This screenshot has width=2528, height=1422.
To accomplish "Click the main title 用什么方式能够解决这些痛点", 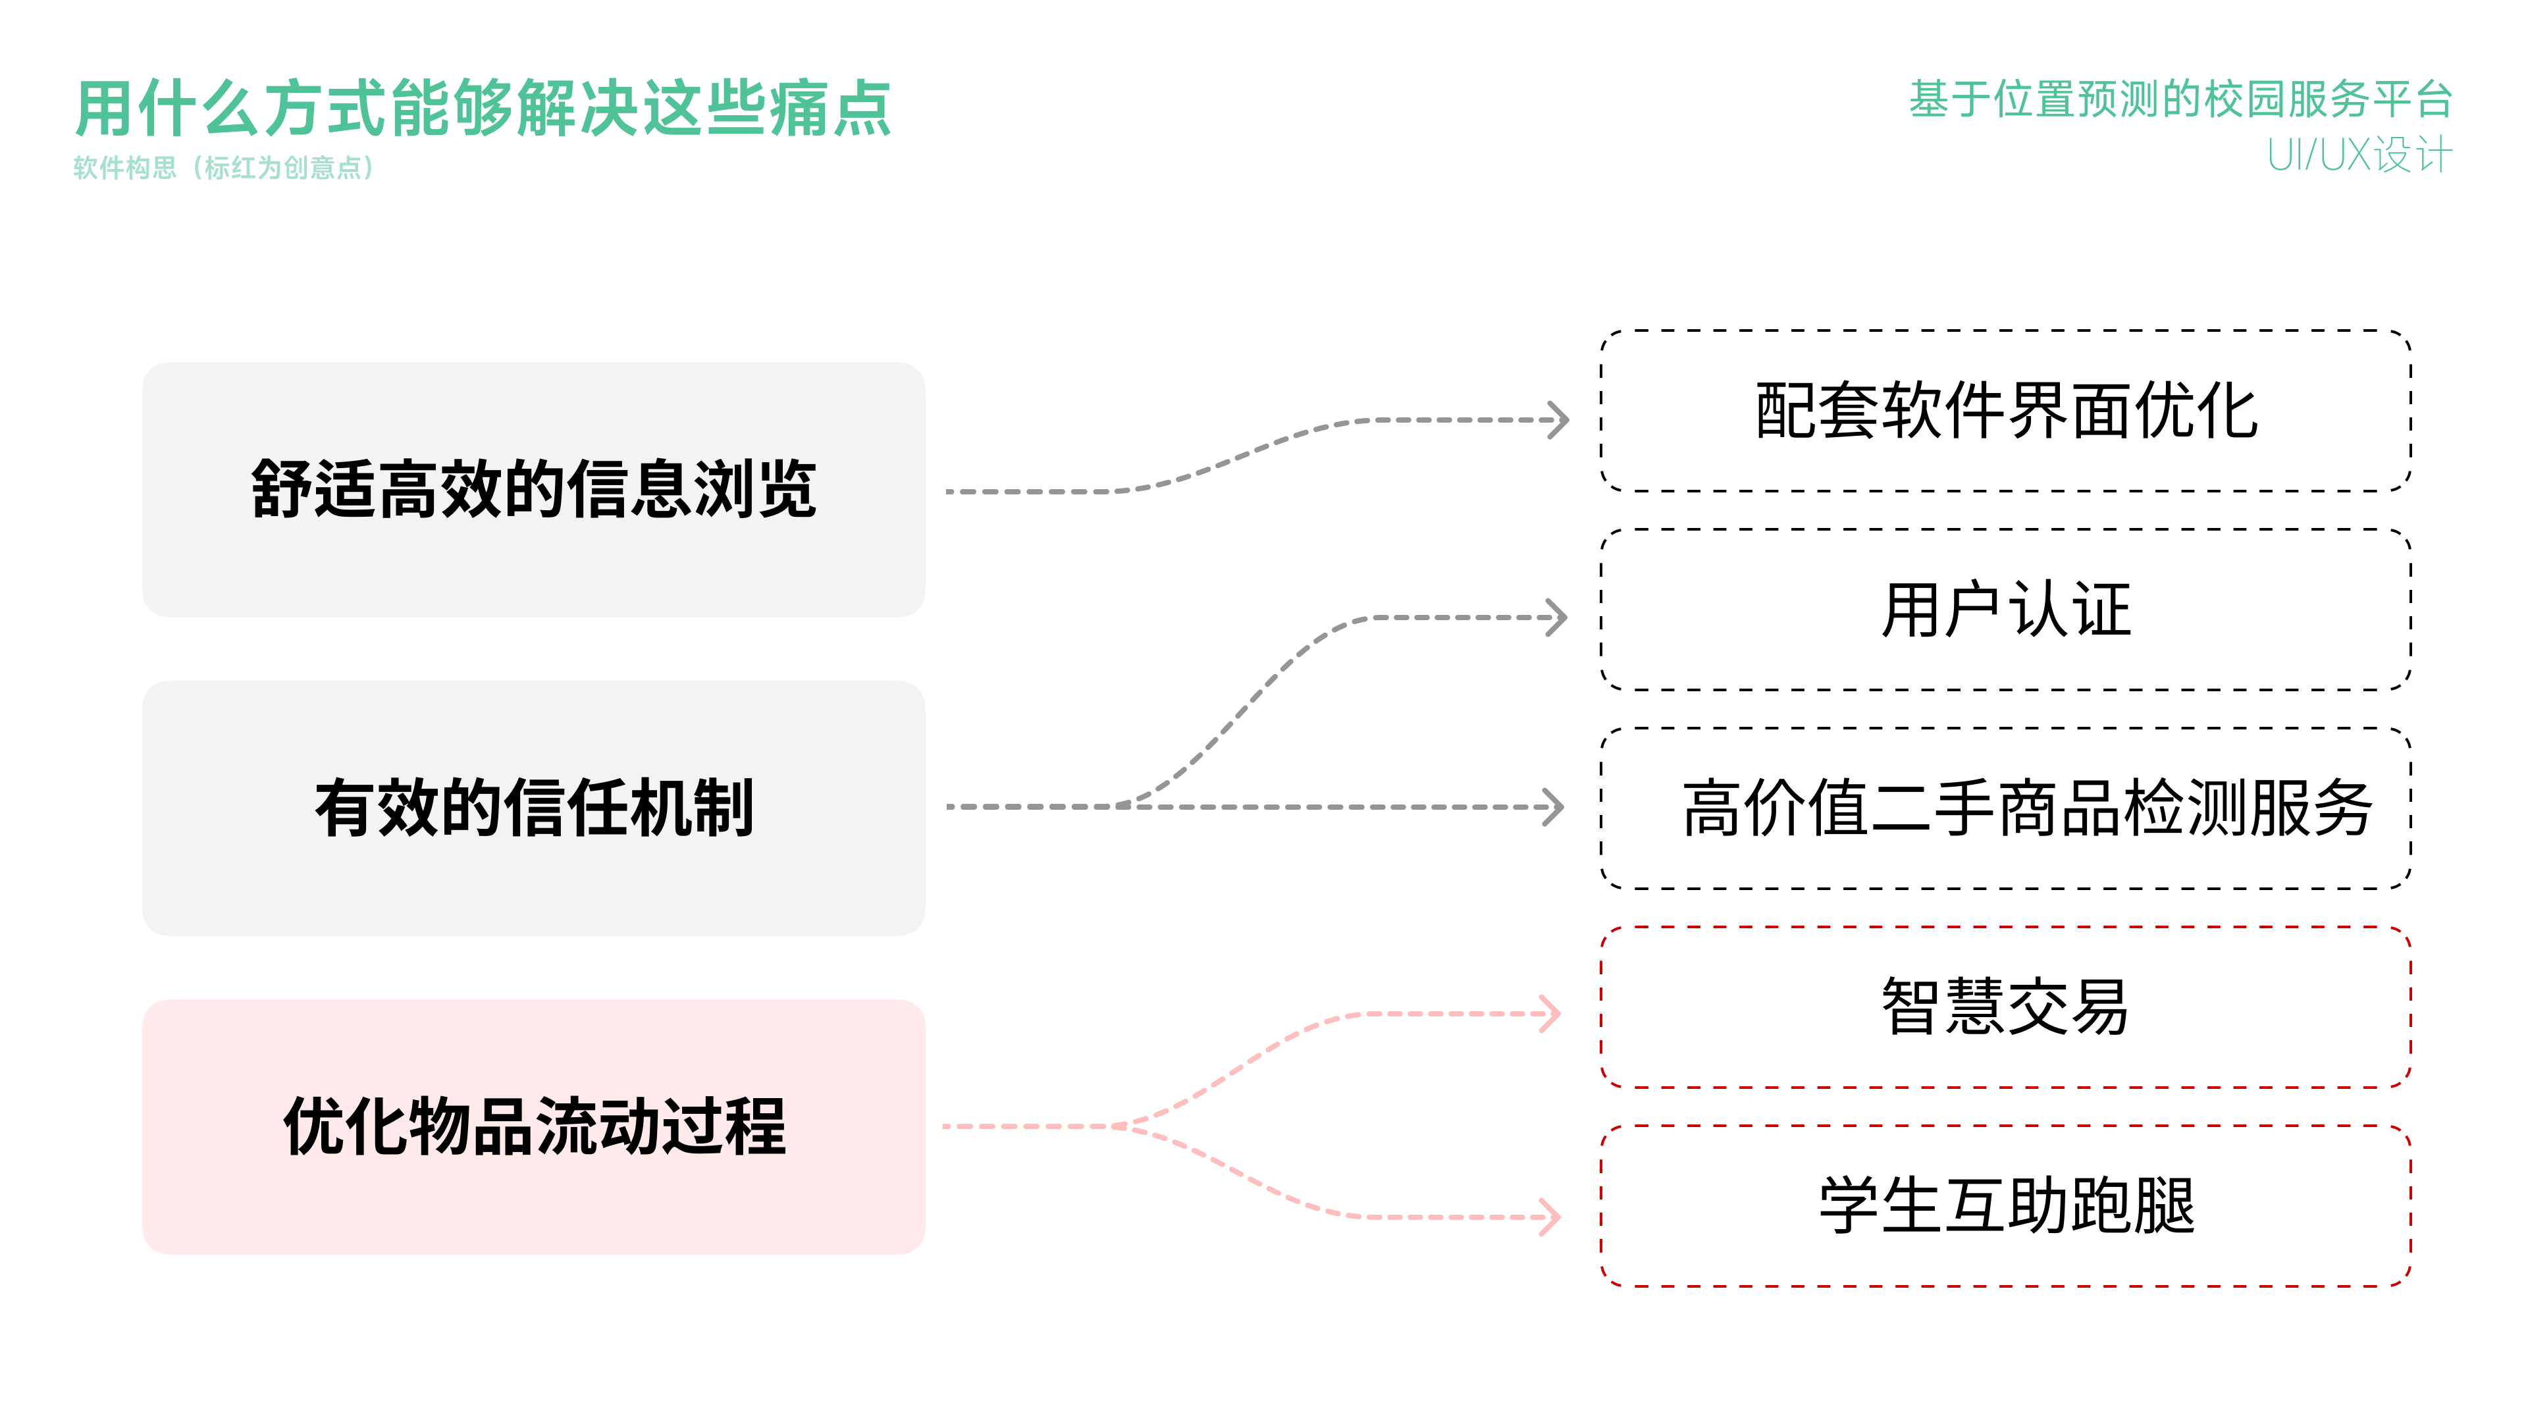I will point(483,108).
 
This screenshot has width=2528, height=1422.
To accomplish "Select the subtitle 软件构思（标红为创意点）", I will point(224,168).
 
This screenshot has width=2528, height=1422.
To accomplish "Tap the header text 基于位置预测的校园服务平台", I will point(2180,99).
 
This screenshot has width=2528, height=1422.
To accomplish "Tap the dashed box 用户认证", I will point(2005,610).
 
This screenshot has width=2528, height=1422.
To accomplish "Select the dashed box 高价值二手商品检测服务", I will point(2005,808).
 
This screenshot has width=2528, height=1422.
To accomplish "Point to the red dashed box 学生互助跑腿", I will point(2005,1205).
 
